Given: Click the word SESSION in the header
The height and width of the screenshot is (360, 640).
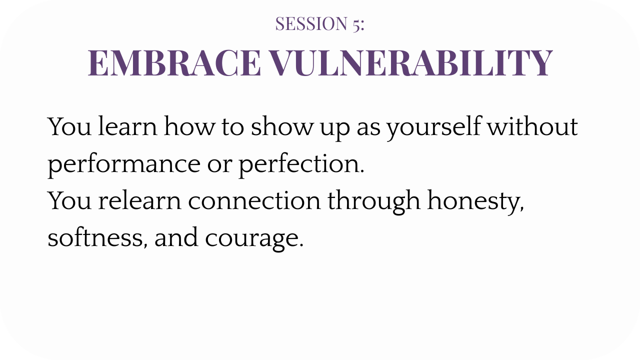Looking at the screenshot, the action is click(311, 23).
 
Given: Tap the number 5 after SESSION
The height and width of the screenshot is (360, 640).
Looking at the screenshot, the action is click(356, 25).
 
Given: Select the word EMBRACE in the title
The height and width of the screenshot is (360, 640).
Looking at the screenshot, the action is click(174, 63).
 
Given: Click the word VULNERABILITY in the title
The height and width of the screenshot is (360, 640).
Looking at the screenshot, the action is click(411, 63).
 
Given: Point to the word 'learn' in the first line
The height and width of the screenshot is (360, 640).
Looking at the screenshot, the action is click(127, 126).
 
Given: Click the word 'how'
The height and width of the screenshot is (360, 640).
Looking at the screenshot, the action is click(189, 126).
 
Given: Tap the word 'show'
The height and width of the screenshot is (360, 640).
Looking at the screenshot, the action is click(281, 126).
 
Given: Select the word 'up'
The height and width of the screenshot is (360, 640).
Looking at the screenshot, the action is click(335, 129).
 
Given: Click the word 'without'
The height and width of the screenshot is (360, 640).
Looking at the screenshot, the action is click(533, 126).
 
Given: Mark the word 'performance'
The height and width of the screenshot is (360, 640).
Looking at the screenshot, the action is click(124, 165).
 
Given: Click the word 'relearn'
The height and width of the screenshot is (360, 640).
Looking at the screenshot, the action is click(139, 200).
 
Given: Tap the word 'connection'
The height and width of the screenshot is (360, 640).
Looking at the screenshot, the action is click(254, 200).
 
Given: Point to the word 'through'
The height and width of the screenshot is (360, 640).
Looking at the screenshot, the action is click(374, 201).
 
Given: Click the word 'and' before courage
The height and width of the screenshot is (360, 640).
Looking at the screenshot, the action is click(176, 237).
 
